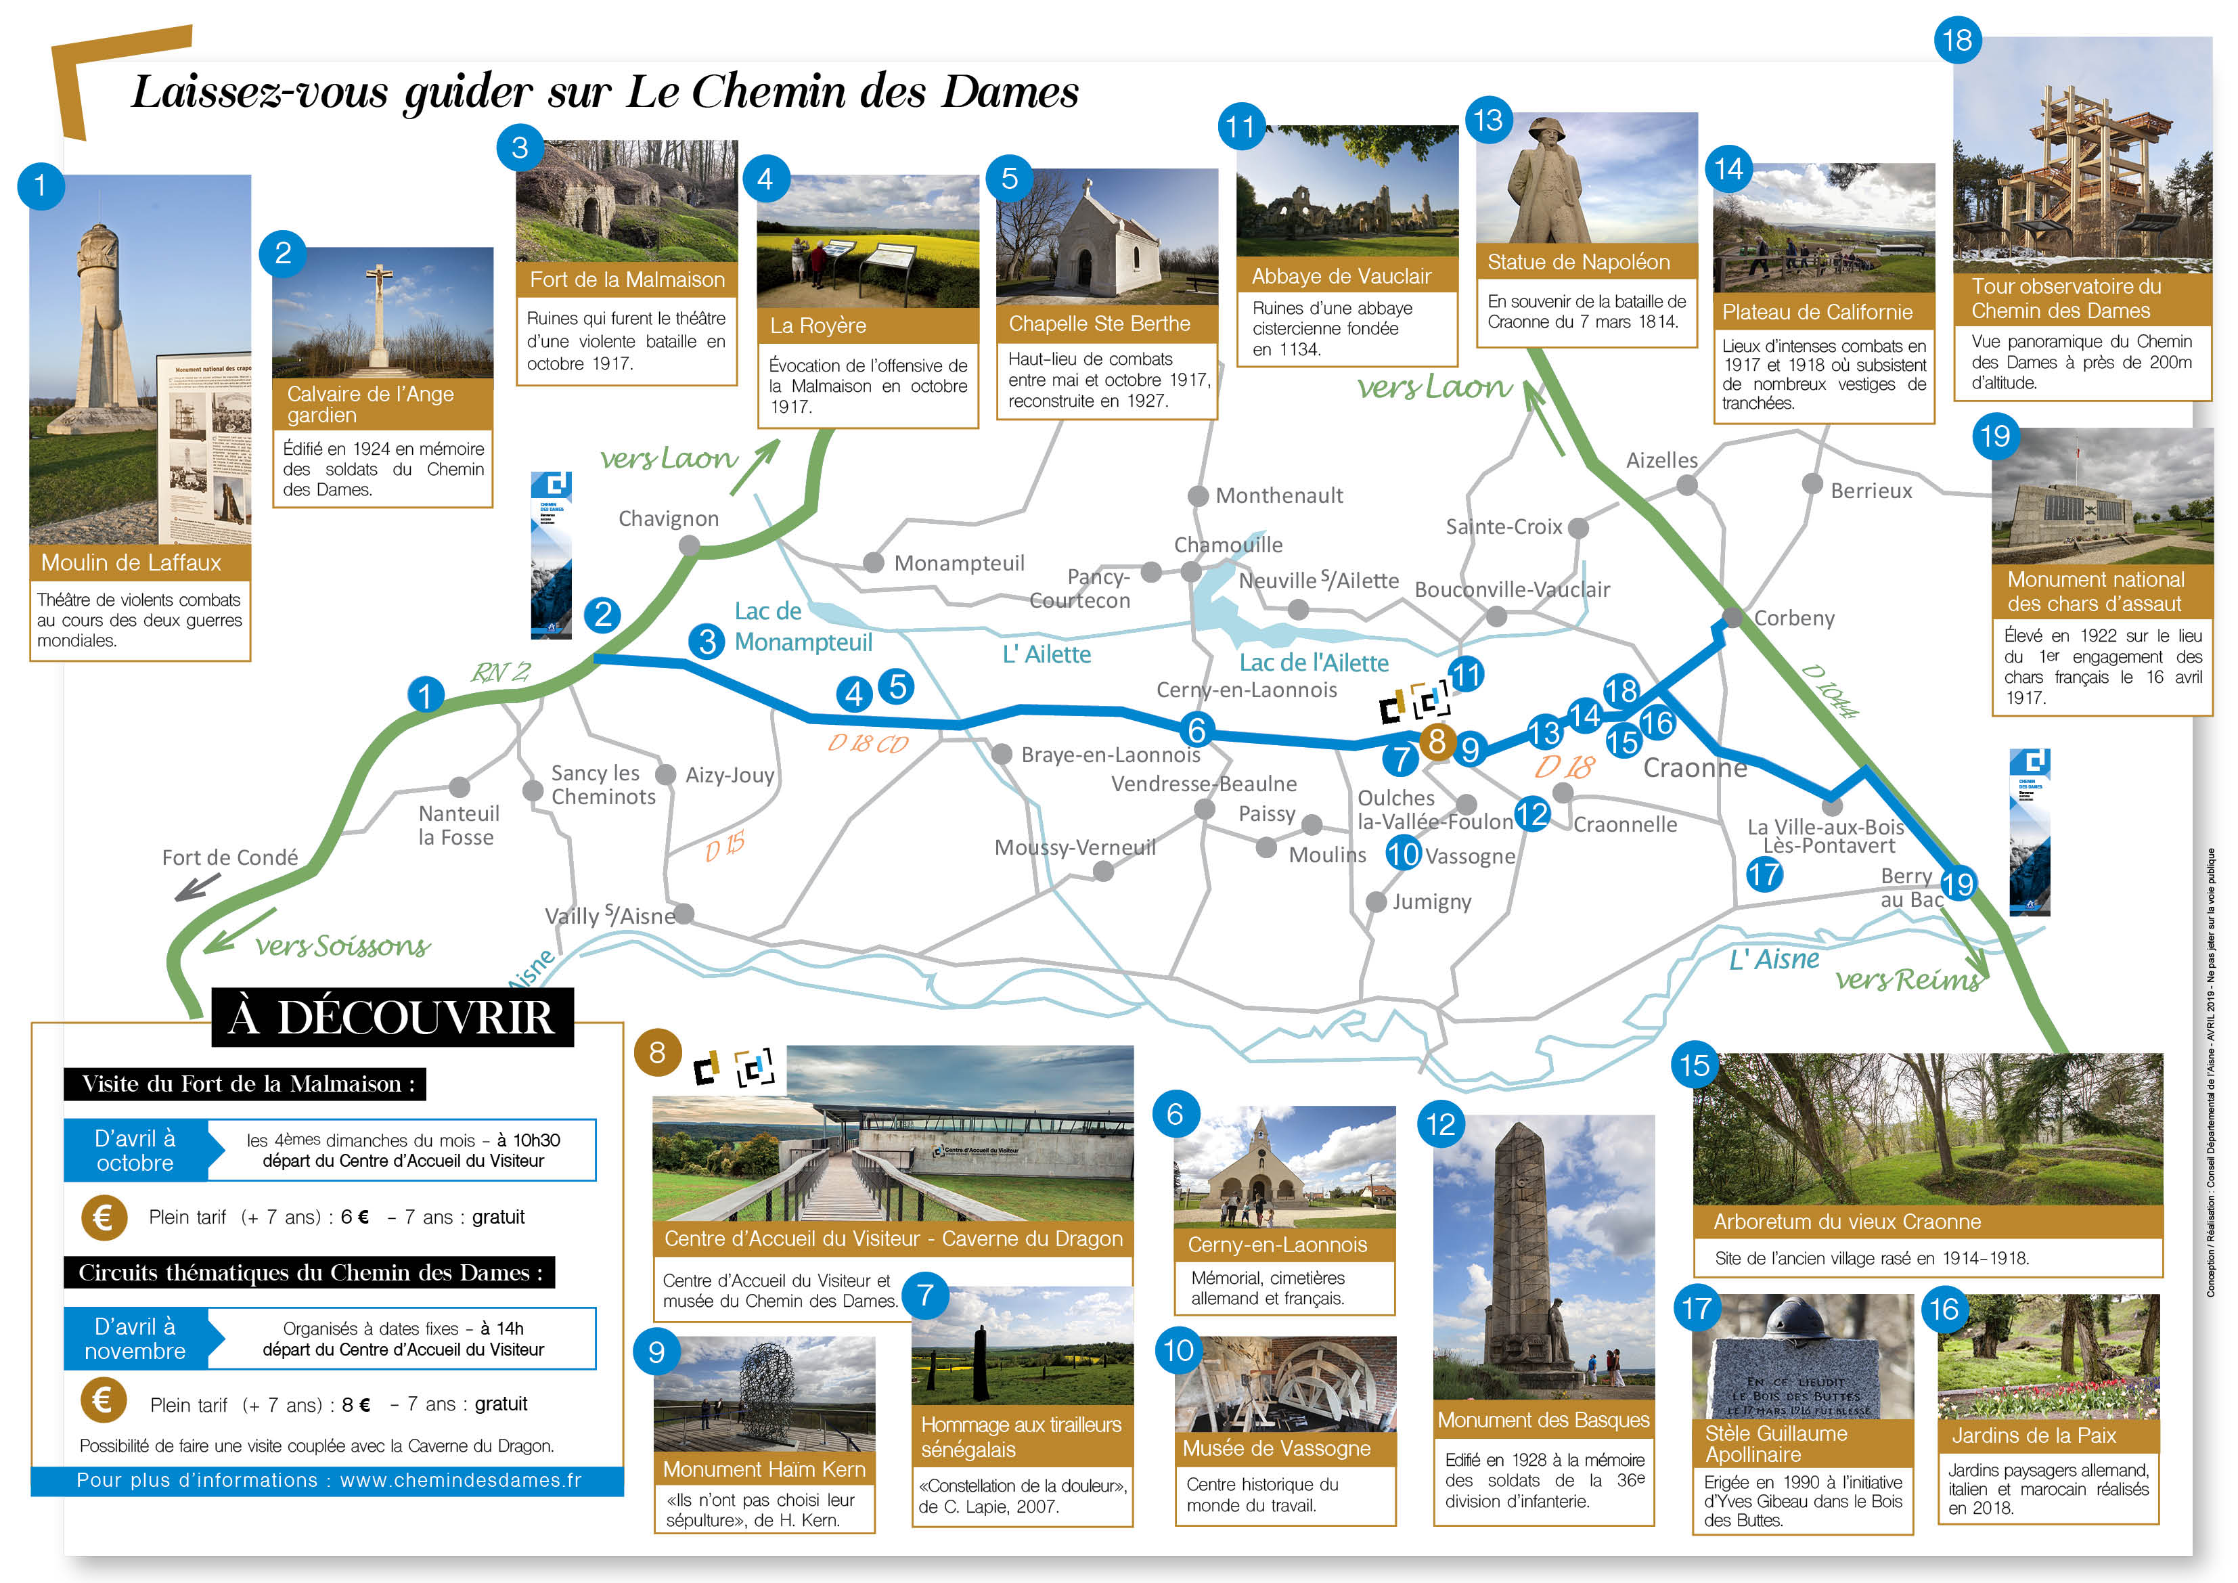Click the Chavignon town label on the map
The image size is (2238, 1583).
point(668,518)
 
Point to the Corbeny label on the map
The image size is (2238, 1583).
point(1793,618)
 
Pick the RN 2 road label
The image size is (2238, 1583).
point(501,673)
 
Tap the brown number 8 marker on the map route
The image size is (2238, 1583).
point(1436,742)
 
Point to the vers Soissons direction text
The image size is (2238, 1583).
point(342,945)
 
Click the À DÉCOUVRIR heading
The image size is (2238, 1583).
point(392,1018)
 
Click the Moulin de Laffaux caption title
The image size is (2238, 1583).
point(131,562)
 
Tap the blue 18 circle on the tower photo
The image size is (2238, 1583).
point(1957,40)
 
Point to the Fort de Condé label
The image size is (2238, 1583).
point(230,857)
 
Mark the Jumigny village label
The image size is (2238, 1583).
point(1431,901)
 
